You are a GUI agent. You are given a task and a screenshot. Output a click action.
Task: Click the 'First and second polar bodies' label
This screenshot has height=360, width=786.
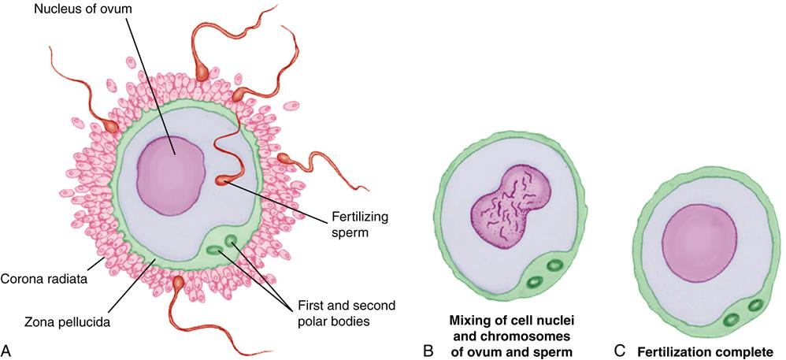[x=347, y=313]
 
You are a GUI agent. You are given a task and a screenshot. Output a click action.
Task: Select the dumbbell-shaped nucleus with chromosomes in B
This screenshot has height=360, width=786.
[x=512, y=211]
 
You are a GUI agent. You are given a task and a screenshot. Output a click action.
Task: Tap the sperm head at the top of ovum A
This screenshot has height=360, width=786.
[x=202, y=71]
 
